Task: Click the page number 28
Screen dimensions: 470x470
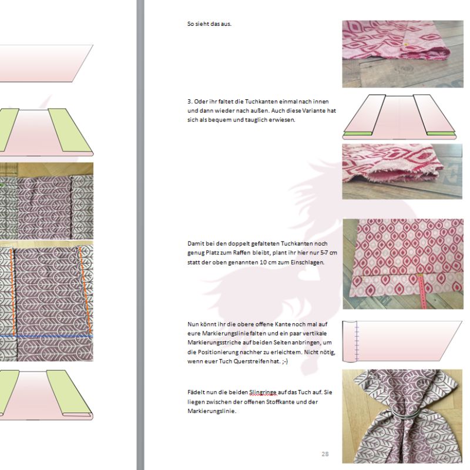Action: (325, 454)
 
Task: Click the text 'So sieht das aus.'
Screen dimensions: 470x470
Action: (209, 24)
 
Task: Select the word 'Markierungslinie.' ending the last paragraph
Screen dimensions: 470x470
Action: (212, 411)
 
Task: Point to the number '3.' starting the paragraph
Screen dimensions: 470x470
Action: (190, 102)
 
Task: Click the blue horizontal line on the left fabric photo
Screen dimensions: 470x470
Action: (46, 336)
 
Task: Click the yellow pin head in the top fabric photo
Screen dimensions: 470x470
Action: (406, 45)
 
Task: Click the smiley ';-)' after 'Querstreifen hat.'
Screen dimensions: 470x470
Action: (285, 361)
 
